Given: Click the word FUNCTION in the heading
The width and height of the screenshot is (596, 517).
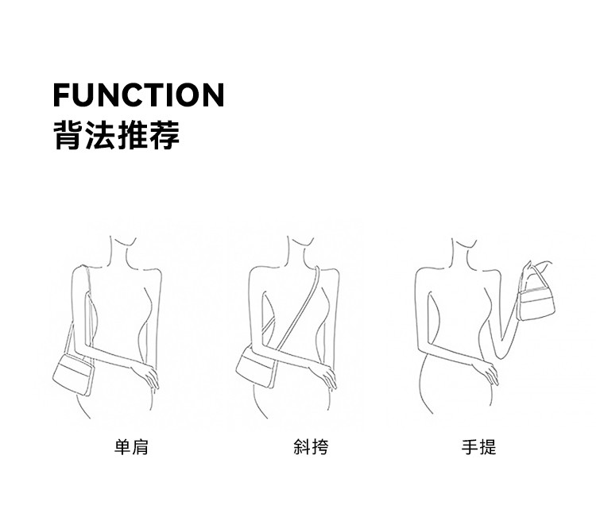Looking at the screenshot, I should click(138, 95).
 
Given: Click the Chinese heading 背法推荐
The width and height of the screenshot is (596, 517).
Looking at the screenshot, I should click(116, 135).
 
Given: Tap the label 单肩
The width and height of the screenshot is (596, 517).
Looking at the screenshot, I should click(131, 447).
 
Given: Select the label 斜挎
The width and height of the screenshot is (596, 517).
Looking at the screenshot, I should click(311, 447).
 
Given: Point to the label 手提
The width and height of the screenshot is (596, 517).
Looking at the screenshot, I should click(479, 447).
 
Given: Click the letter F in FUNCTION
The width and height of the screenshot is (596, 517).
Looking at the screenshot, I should click(62, 95).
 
